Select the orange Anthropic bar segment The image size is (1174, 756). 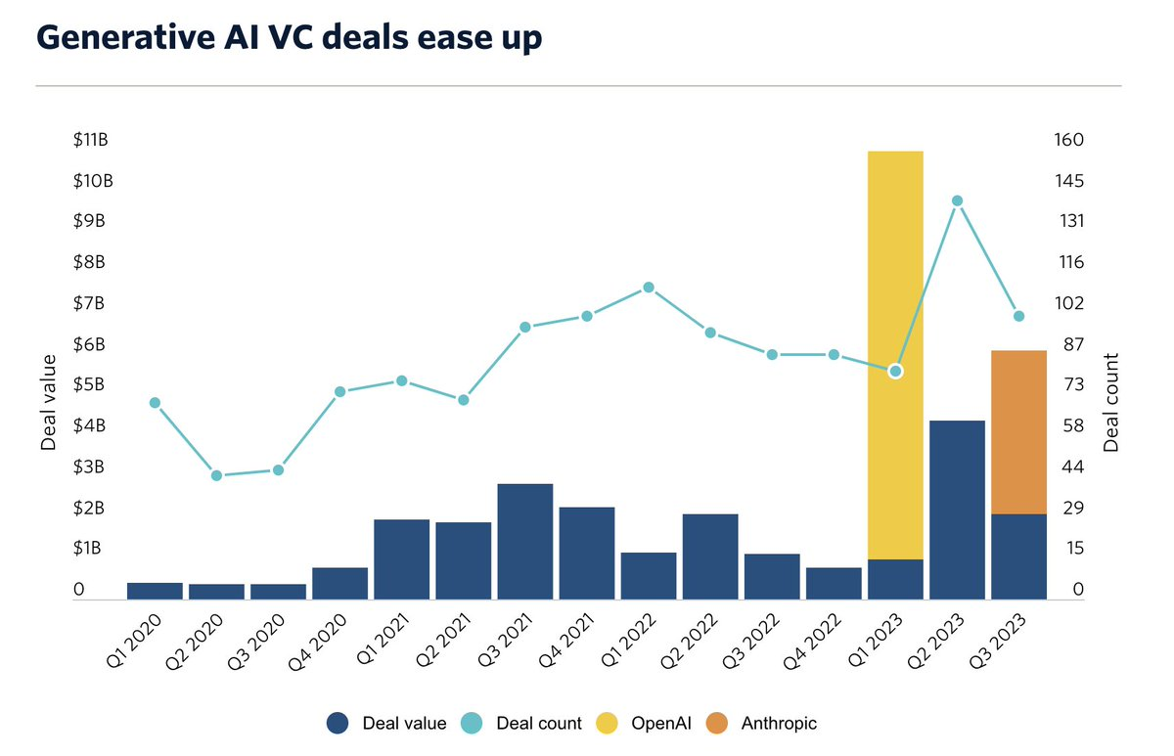click(x=1018, y=431)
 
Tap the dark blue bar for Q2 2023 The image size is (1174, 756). click(x=957, y=509)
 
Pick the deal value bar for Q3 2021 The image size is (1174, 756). click(x=525, y=541)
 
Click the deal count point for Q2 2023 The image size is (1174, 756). click(x=958, y=201)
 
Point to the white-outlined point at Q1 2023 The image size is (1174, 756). click(x=895, y=372)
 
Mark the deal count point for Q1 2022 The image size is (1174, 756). click(x=649, y=288)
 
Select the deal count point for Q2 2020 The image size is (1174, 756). click(x=217, y=475)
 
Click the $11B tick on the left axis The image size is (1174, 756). click(x=90, y=140)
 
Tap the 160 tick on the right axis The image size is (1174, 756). click(x=1070, y=140)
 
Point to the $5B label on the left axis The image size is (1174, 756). click(x=90, y=384)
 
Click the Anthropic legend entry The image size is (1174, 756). click(x=779, y=724)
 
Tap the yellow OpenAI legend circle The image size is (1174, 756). click(x=608, y=724)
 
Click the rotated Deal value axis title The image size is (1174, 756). click(x=49, y=402)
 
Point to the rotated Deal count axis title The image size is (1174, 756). click(x=1110, y=402)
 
